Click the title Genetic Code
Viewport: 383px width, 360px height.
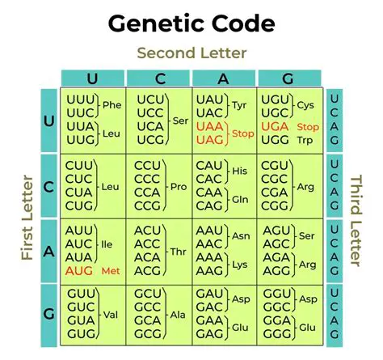pyautogui.click(x=191, y=24)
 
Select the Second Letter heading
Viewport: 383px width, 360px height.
pyautogui.click(x=191, y=53)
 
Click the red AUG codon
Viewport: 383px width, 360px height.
pyautogui.click(x=79, y=269)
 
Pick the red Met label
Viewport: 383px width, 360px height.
pyautogui.click(x=110, y=269)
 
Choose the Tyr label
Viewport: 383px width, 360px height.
pyautogui.click(x=240, y=105)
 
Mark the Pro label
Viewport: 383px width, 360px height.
pyautogui.click(x=175, y=187)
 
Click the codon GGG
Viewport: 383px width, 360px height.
pyautogui.click(x=275, y=334)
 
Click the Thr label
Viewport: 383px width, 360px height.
pyautogui.click(x=175, y=252)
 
